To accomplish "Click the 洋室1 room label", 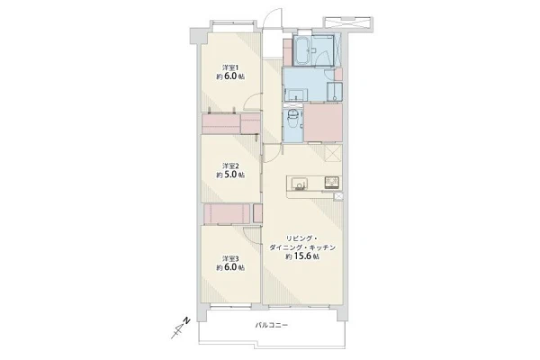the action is [230, 67].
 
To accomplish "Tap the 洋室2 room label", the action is [230, 166].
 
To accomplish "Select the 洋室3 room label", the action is [230, 258].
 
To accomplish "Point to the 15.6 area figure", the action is [302, 256].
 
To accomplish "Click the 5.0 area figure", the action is [230, 175].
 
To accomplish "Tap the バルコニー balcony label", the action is [271, 325].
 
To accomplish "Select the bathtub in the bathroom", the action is [302, 50].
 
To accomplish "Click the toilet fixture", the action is [293, 119].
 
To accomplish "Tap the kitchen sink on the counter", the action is [298, 184].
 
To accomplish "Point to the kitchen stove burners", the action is [331, 182].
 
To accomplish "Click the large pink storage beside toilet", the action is [323, 122].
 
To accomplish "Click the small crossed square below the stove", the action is [338, 196].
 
